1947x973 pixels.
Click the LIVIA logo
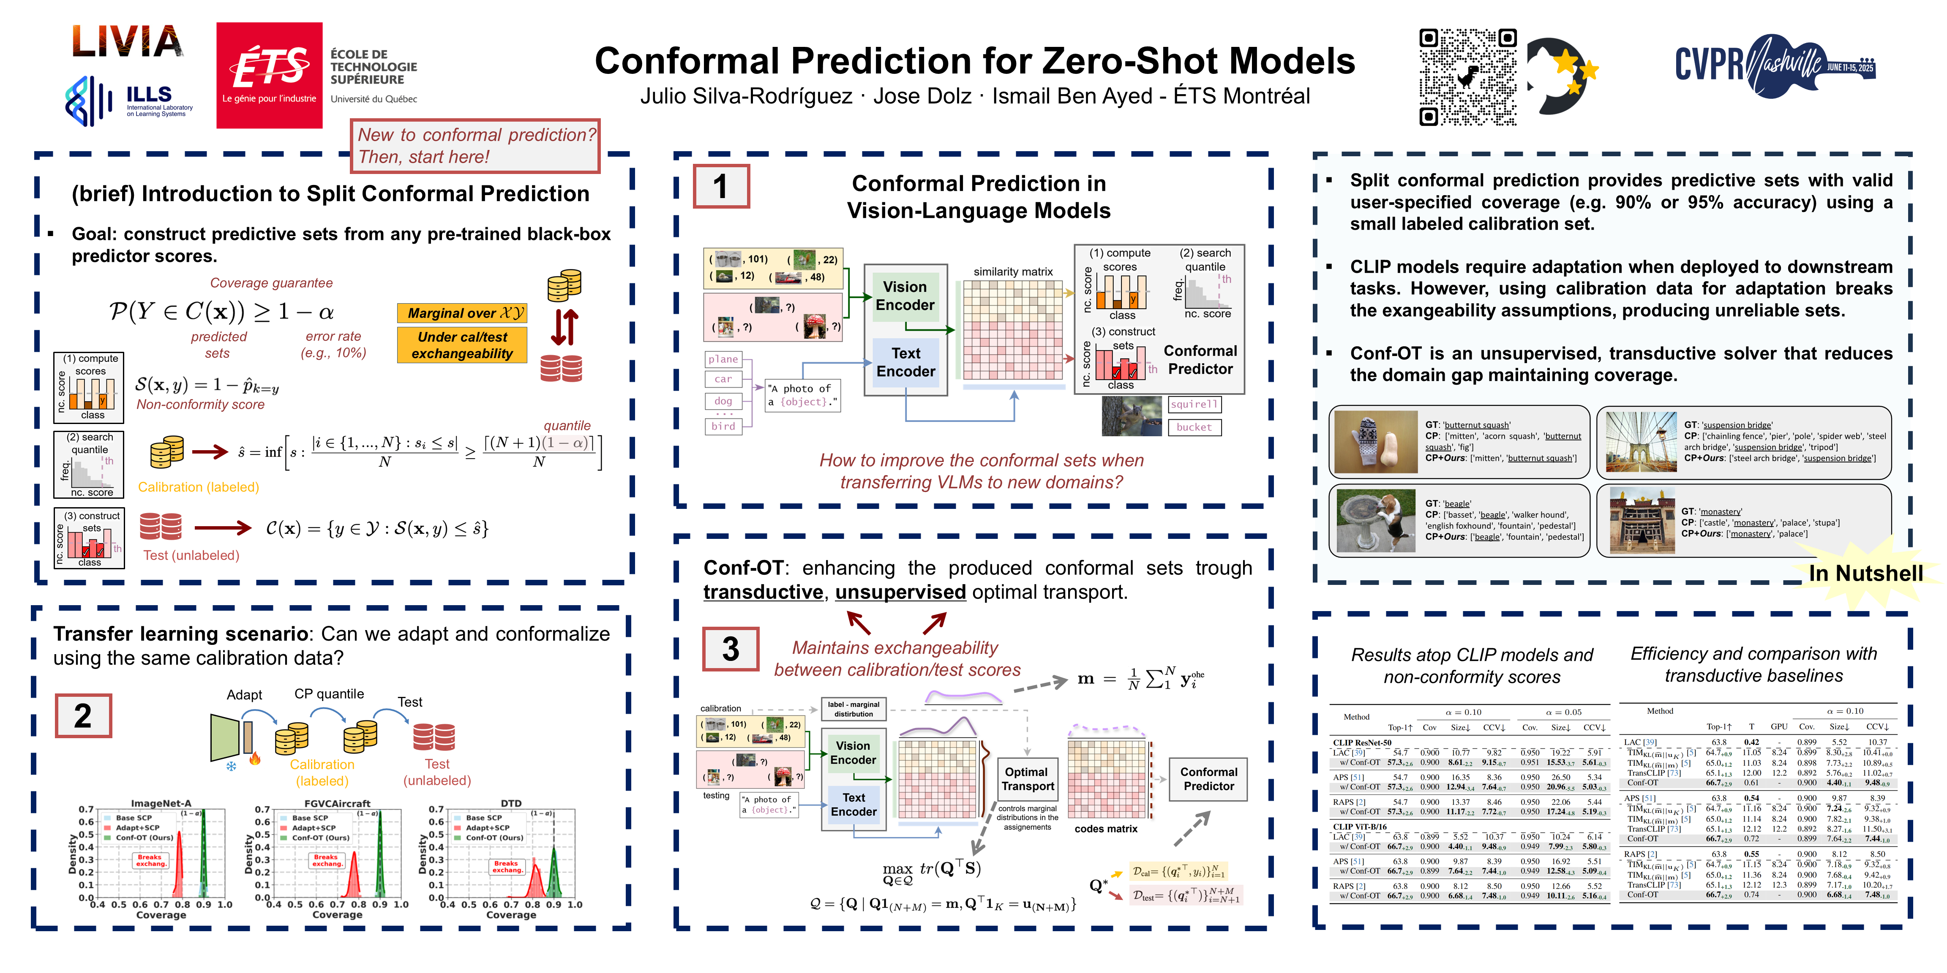pyautogui.click(x=127, y=41)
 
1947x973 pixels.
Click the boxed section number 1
pyautogui.click(x=721, y=186)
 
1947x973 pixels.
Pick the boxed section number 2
pyautogui.click(x=83, y=715)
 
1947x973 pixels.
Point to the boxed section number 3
pyautogui.click(x=730, y=648)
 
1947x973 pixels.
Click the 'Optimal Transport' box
pyautogui.click(x=1027, y=779)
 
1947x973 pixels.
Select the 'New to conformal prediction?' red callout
pyautogui.click(x=475, y=146)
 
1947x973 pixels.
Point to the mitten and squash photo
pyautogui.click(x=1376, y=442)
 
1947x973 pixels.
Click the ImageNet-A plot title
pyautogui.click(x=161, y=803)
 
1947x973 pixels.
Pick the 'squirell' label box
pyautogui.click(x=1194, y=404)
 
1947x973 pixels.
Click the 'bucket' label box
pyautogui.click(x=1194, y=427)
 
